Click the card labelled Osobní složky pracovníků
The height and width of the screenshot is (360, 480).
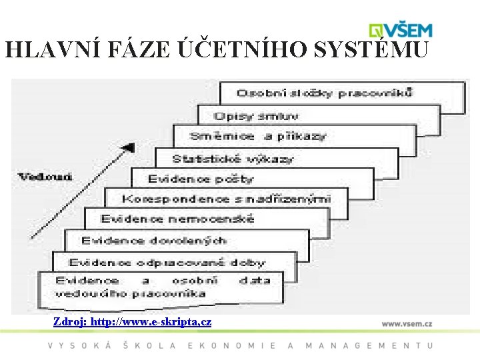click(x=325, y=93)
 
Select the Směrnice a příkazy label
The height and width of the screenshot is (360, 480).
click(x=258, y=136)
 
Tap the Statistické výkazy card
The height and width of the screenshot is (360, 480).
click(x=233, y=159)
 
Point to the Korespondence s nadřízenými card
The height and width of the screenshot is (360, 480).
click(x=226, y=199)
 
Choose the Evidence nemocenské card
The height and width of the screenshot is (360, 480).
click(x=177, y=219)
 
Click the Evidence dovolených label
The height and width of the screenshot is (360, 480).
click(x=153, y=240)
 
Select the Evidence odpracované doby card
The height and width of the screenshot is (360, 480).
click(x=167, y=262)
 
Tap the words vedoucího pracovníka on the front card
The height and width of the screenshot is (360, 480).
click(x=130, y=293)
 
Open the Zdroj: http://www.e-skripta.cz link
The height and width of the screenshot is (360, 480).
click(x=133, y=322)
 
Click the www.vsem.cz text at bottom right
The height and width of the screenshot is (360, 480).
click(x=407, y=323)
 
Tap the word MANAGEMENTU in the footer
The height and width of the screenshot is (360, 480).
click(x=369, y=345)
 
